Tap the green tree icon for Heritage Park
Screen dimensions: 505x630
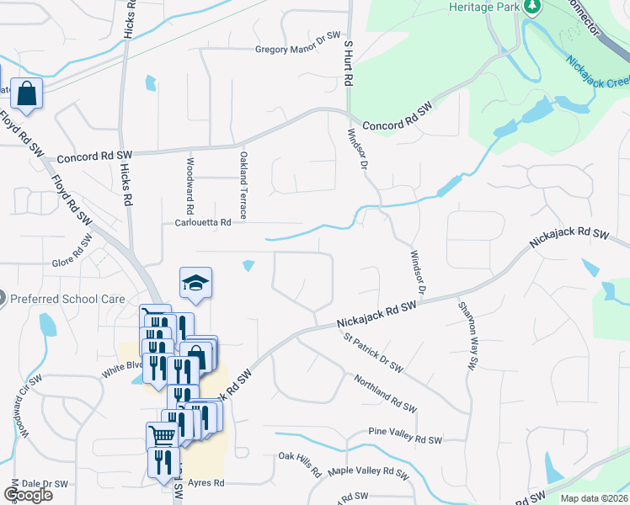pos(532,7)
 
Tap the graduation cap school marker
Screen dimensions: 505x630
pos(195,283)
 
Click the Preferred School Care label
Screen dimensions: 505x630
pos(68,298)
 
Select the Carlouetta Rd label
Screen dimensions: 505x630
pos(202,223)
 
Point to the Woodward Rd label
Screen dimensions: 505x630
pos(191,185)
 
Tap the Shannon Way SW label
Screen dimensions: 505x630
pos(466,334)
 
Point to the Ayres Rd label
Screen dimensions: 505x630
pos(206,483)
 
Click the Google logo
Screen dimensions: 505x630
pos(28,495)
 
